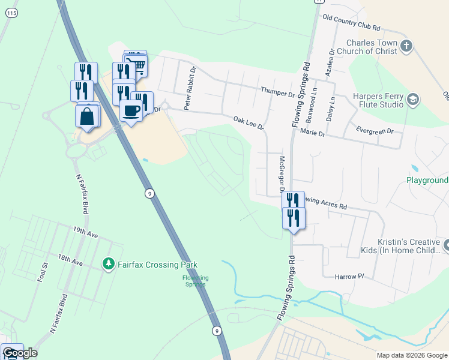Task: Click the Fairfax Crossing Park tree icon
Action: (x=108, y=264)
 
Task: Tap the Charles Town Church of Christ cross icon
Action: (x=406, y=47)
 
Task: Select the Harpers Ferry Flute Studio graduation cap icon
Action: (x=413, y=100)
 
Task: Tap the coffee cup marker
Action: (x=130, y=110)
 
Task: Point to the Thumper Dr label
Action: (x=279, y=94)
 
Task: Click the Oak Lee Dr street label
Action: (x=249, y=124)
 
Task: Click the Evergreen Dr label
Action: (x=375, y=131)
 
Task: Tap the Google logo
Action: (x=19, y=353)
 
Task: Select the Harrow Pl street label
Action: (x=350, y=276)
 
